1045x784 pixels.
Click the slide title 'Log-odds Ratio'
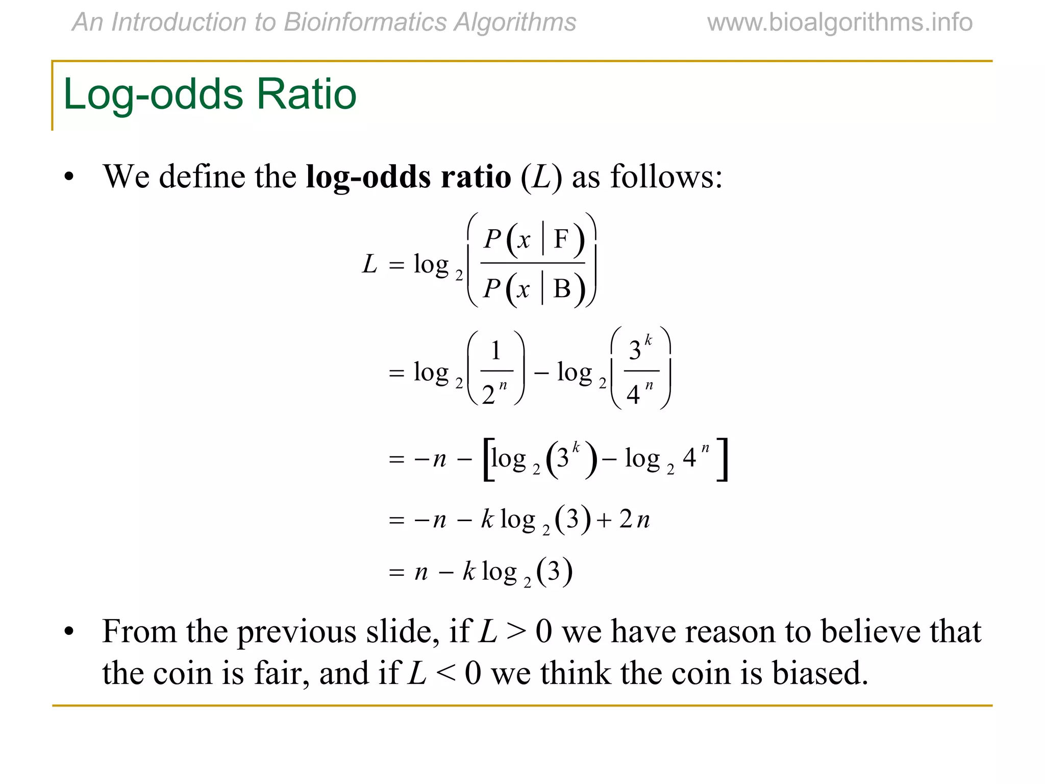(x=210, y=94)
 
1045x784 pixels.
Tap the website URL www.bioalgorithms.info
(x=840, y=22)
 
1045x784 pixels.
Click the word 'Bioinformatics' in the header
(x=365, y=22)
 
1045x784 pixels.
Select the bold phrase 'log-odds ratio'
(x=408, y=178)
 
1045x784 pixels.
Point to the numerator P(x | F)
(x=533, y=239)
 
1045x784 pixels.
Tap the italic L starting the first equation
(x=369, y=264)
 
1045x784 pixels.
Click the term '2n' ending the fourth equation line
(x=635, y=520)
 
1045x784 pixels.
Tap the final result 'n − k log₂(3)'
(x=493, y=572)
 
